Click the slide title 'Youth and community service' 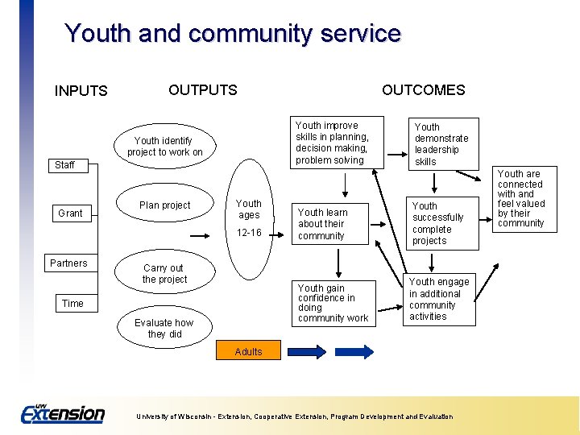pos(232,34)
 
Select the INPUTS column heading pos(81,91)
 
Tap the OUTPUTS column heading pos(203,89)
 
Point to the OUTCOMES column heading pos(423,89)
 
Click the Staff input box pos(64,165)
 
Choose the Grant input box pos(70,213)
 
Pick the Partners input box pos(68,263)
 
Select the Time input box pos(72,304)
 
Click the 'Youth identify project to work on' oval pos(164,146)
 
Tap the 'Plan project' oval pos(165,205)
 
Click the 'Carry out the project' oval pos(164,274)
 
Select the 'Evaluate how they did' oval pos(164,328)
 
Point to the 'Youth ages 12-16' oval pos(249,217)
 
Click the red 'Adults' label pos(248,351)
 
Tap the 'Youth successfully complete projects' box pos(437,223)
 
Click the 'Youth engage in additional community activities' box pos(438,299)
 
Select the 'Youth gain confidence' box pos(333,303)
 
